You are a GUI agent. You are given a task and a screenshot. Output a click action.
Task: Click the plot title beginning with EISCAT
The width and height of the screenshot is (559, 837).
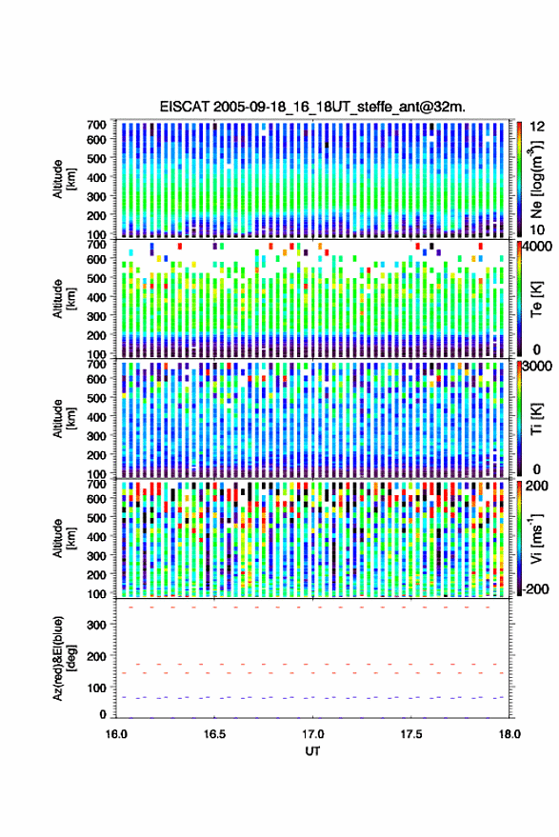pos(313,107)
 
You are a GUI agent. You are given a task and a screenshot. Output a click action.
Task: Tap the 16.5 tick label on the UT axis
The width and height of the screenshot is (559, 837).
pos(214,734)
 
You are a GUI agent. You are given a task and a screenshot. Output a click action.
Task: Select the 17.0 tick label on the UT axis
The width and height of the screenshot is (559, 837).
pos(313,734)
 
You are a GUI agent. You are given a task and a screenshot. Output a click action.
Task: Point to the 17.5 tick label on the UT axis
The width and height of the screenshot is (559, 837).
pos(411,734)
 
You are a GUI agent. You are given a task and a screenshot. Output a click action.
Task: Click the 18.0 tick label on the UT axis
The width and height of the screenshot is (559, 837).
pos(509,734)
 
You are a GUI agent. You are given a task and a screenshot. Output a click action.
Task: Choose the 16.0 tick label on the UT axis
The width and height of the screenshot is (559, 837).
pos(116,734)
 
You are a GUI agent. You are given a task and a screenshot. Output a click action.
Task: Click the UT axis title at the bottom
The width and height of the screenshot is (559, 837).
pos(312,751)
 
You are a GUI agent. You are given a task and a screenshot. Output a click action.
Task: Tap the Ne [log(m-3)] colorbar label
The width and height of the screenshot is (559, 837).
pos(536,179)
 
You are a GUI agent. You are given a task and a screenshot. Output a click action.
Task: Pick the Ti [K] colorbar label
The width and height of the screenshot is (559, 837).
pos(536,419)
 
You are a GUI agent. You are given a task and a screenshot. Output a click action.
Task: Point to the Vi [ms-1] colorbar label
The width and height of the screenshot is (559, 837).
pos(536,539)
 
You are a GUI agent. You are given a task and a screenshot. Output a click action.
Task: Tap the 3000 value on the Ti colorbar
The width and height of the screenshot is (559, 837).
pos(537,366)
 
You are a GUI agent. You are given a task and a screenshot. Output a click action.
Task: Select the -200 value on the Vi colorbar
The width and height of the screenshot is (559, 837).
pos(534,588)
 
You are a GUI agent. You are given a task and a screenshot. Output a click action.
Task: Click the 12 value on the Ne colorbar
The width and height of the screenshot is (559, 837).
pos(537,127)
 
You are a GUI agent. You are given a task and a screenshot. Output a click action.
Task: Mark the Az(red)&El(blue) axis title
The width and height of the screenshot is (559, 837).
pos(64,659)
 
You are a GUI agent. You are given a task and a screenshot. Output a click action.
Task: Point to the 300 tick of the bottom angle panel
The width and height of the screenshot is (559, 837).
pos(96,625)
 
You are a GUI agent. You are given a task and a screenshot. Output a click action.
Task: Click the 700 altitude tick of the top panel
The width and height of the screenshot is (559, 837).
pos(96,125)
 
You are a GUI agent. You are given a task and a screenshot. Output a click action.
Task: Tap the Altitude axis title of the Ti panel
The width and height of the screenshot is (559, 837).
pos(64,419)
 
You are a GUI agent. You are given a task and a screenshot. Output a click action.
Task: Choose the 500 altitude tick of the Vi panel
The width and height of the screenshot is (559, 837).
pos(96,517)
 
